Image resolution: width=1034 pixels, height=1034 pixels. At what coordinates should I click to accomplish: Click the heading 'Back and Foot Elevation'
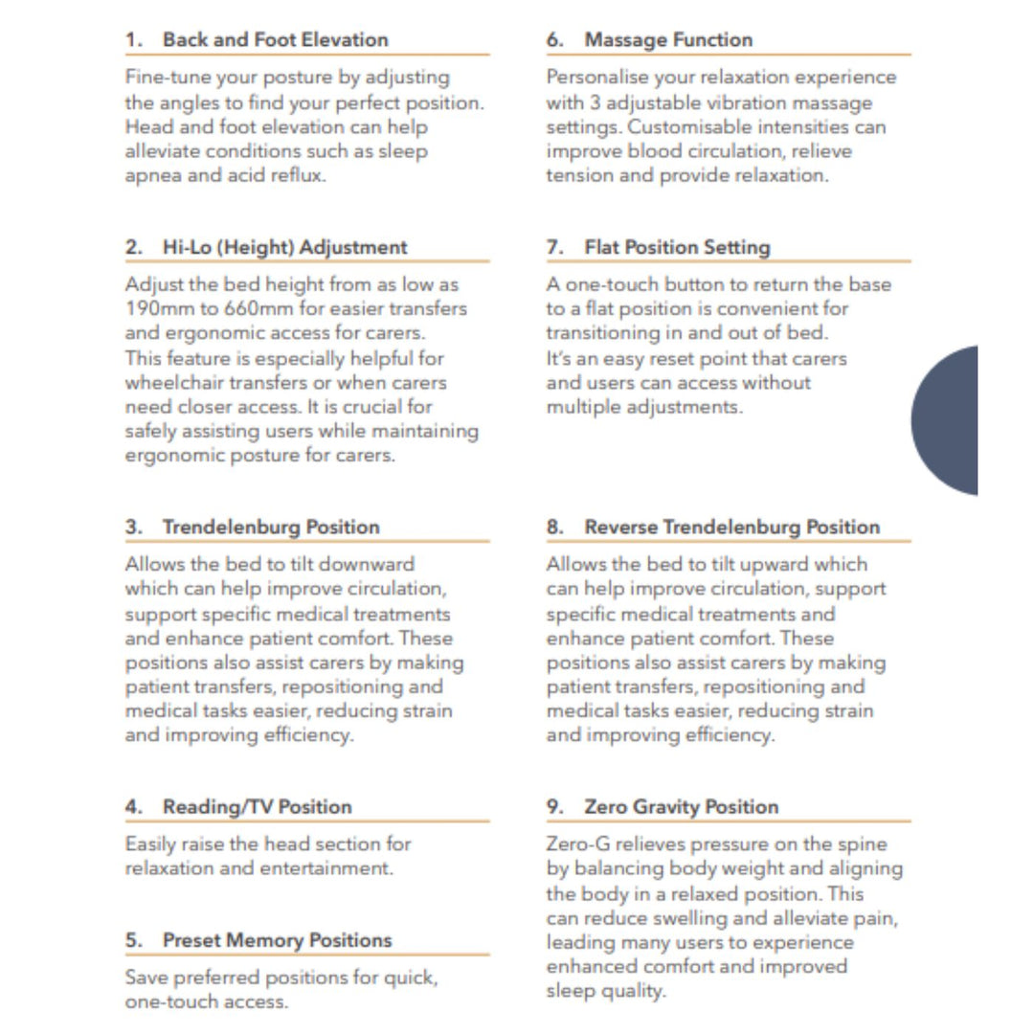point(275,40)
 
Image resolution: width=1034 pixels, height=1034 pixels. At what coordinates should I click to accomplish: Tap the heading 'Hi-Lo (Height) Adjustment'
point(284,247)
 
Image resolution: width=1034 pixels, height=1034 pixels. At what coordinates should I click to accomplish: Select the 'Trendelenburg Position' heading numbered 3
point(271,527)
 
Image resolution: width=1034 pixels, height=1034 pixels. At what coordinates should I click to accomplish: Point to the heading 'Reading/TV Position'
point(257,806)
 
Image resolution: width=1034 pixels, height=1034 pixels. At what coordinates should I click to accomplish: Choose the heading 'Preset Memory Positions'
point(277,940)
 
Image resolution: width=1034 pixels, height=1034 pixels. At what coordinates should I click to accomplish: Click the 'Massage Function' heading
point(668,40)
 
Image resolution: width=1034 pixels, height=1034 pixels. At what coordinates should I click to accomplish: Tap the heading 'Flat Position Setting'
point(677,247)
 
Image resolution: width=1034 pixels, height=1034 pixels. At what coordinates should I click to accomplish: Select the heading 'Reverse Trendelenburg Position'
point(731,527)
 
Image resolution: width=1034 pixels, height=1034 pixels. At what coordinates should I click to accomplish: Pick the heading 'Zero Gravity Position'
point(681,806)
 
